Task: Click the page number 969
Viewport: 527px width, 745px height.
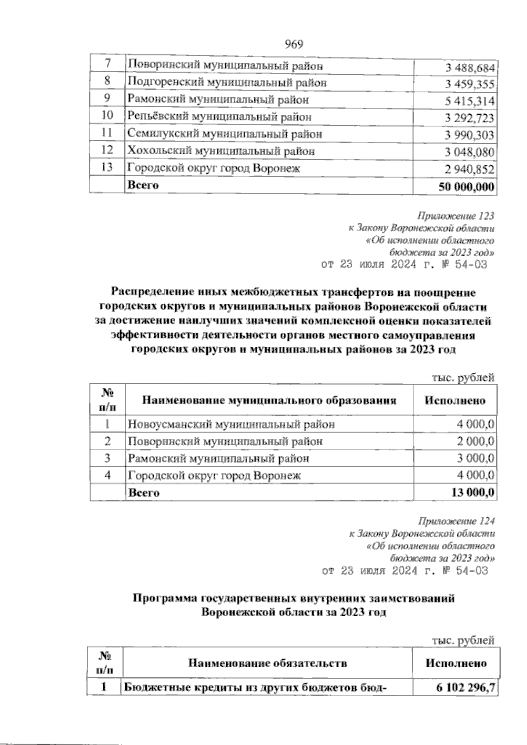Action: (294, 44)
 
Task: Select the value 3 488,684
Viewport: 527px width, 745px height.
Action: (469, 68)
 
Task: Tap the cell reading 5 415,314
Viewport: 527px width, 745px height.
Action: (469, 102)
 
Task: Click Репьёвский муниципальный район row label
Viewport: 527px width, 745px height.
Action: (220, 117)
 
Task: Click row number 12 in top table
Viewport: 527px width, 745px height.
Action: (107, 150)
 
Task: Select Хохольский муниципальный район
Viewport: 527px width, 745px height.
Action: (221, 151)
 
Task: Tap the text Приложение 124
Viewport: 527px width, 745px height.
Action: (457, 522)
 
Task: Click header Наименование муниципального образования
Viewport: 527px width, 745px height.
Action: (269, 400)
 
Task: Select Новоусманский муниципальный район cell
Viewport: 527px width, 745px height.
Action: (231, 425)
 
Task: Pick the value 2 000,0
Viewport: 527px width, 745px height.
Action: (476, 441)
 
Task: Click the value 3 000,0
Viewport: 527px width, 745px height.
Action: (476, 458)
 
